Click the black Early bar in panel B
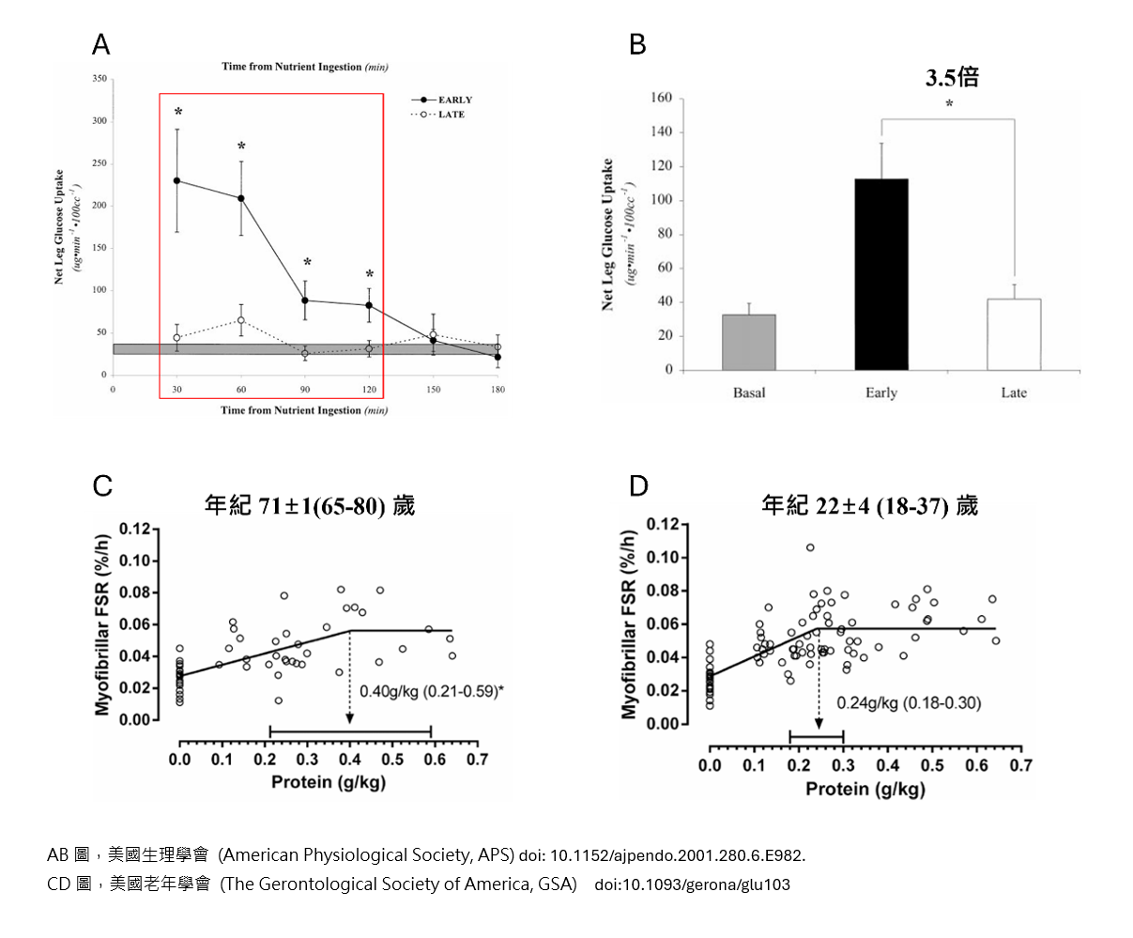[881, 274]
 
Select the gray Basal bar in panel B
[749, 342]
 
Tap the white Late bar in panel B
[1014, 334]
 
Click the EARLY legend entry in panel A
[454, 100]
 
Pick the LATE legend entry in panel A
[451, 115]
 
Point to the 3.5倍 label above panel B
[952, 78]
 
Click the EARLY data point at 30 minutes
[177, 180]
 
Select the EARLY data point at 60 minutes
[241, 198]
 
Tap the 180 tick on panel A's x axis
[498, 389]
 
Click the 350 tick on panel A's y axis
[100, 79]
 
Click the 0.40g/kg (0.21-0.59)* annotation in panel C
[432, 691]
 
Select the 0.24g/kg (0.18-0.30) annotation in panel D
[909, 701]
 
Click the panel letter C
[102, 485]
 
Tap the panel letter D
[638, 485]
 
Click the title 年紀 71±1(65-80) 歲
[310, 505]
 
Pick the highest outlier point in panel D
[810, 547]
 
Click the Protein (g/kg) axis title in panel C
[329, 782]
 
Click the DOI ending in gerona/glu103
[692, 884]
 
